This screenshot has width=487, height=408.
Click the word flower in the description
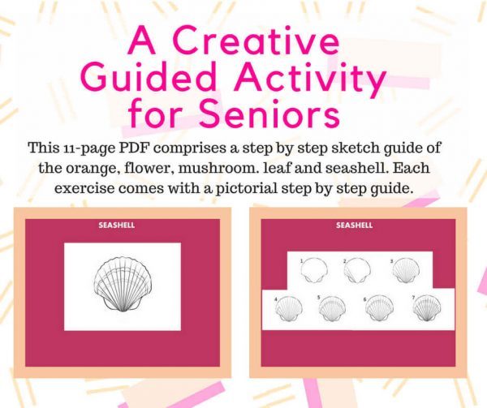click(x=191, y=169)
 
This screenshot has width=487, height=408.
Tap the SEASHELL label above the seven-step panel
click(x=354, y=225)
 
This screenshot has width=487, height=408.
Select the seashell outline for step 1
click(x=312, y=271)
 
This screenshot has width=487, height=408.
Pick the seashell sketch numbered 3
click(x=403, y=271)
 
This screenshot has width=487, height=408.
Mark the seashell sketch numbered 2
click(x=357, y=271)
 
